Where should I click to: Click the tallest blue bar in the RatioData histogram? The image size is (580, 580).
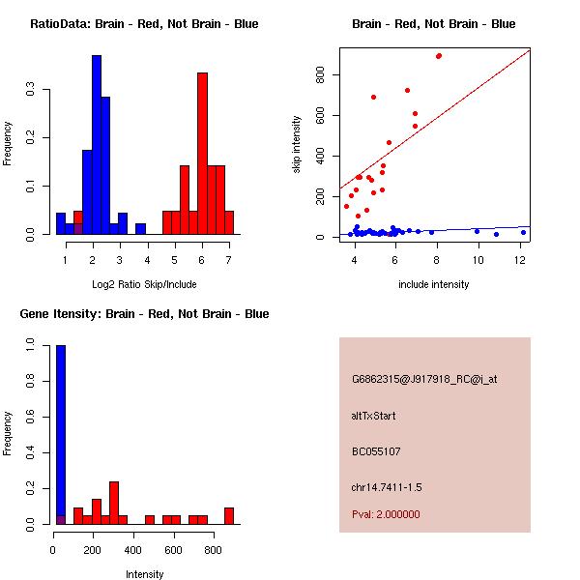click(97, 145)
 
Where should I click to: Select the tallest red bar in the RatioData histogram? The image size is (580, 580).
click(202, 154)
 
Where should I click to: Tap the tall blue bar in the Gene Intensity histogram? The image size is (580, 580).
click(61, 435)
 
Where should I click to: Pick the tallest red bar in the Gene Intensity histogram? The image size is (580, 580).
click(114, 503)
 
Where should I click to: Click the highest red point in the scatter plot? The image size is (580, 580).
click(439, 56)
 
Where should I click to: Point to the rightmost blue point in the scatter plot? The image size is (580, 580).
click(523, 232)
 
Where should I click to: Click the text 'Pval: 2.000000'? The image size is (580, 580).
click(386, 514)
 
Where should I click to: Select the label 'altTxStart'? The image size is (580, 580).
click(373, 416)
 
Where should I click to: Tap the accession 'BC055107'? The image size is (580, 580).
click(376, 451)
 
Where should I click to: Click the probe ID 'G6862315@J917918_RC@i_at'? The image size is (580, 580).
click(424, 379)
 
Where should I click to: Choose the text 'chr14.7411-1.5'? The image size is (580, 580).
click(387, 487)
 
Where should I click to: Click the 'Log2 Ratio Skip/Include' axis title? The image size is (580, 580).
click(144, 284)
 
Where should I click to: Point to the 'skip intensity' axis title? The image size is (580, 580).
click(297, 144)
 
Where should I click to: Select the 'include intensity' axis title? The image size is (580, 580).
click(433, 284)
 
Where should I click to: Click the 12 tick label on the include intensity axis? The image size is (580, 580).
click(520, 260)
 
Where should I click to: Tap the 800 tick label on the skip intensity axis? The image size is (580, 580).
click(320, 74)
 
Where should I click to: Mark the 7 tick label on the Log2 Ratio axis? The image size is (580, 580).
click(229, 260)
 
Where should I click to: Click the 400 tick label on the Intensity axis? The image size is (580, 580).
click(132, 550)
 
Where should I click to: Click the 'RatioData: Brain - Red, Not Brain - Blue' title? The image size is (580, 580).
click(144, 24)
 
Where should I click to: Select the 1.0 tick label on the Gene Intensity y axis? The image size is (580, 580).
click(30, 345)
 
